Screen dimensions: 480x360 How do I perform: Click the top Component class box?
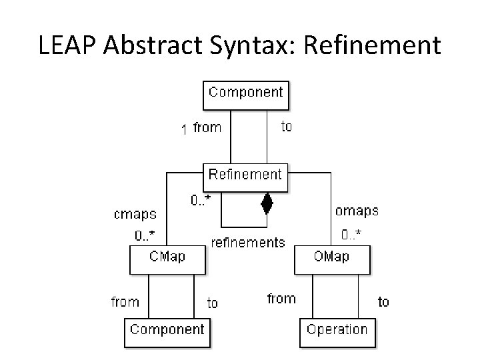[x=245, y=94]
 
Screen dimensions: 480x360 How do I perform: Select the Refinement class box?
[x=245, y=177]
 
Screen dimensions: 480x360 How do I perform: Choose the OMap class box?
[x=332, y=258]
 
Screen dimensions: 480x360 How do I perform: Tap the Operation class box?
[x=337, y=331]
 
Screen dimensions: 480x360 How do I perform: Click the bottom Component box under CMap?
[x=167, y=331]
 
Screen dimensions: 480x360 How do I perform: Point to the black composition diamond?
[x=267, y=203]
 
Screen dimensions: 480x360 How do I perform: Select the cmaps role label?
[x=135, y=215]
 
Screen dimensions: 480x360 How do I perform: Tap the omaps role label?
[x=356, y=211]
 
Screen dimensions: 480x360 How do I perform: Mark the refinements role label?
[x=248, y=243]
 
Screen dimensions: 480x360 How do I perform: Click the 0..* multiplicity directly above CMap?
[x=145, y=235]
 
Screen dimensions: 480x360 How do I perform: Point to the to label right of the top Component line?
[x=286, y=127]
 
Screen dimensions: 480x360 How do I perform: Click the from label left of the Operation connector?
[x=281, y=299]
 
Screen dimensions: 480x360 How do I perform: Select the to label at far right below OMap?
[x=383, y=302]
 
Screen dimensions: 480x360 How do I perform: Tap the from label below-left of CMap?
[x=125, y=302]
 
